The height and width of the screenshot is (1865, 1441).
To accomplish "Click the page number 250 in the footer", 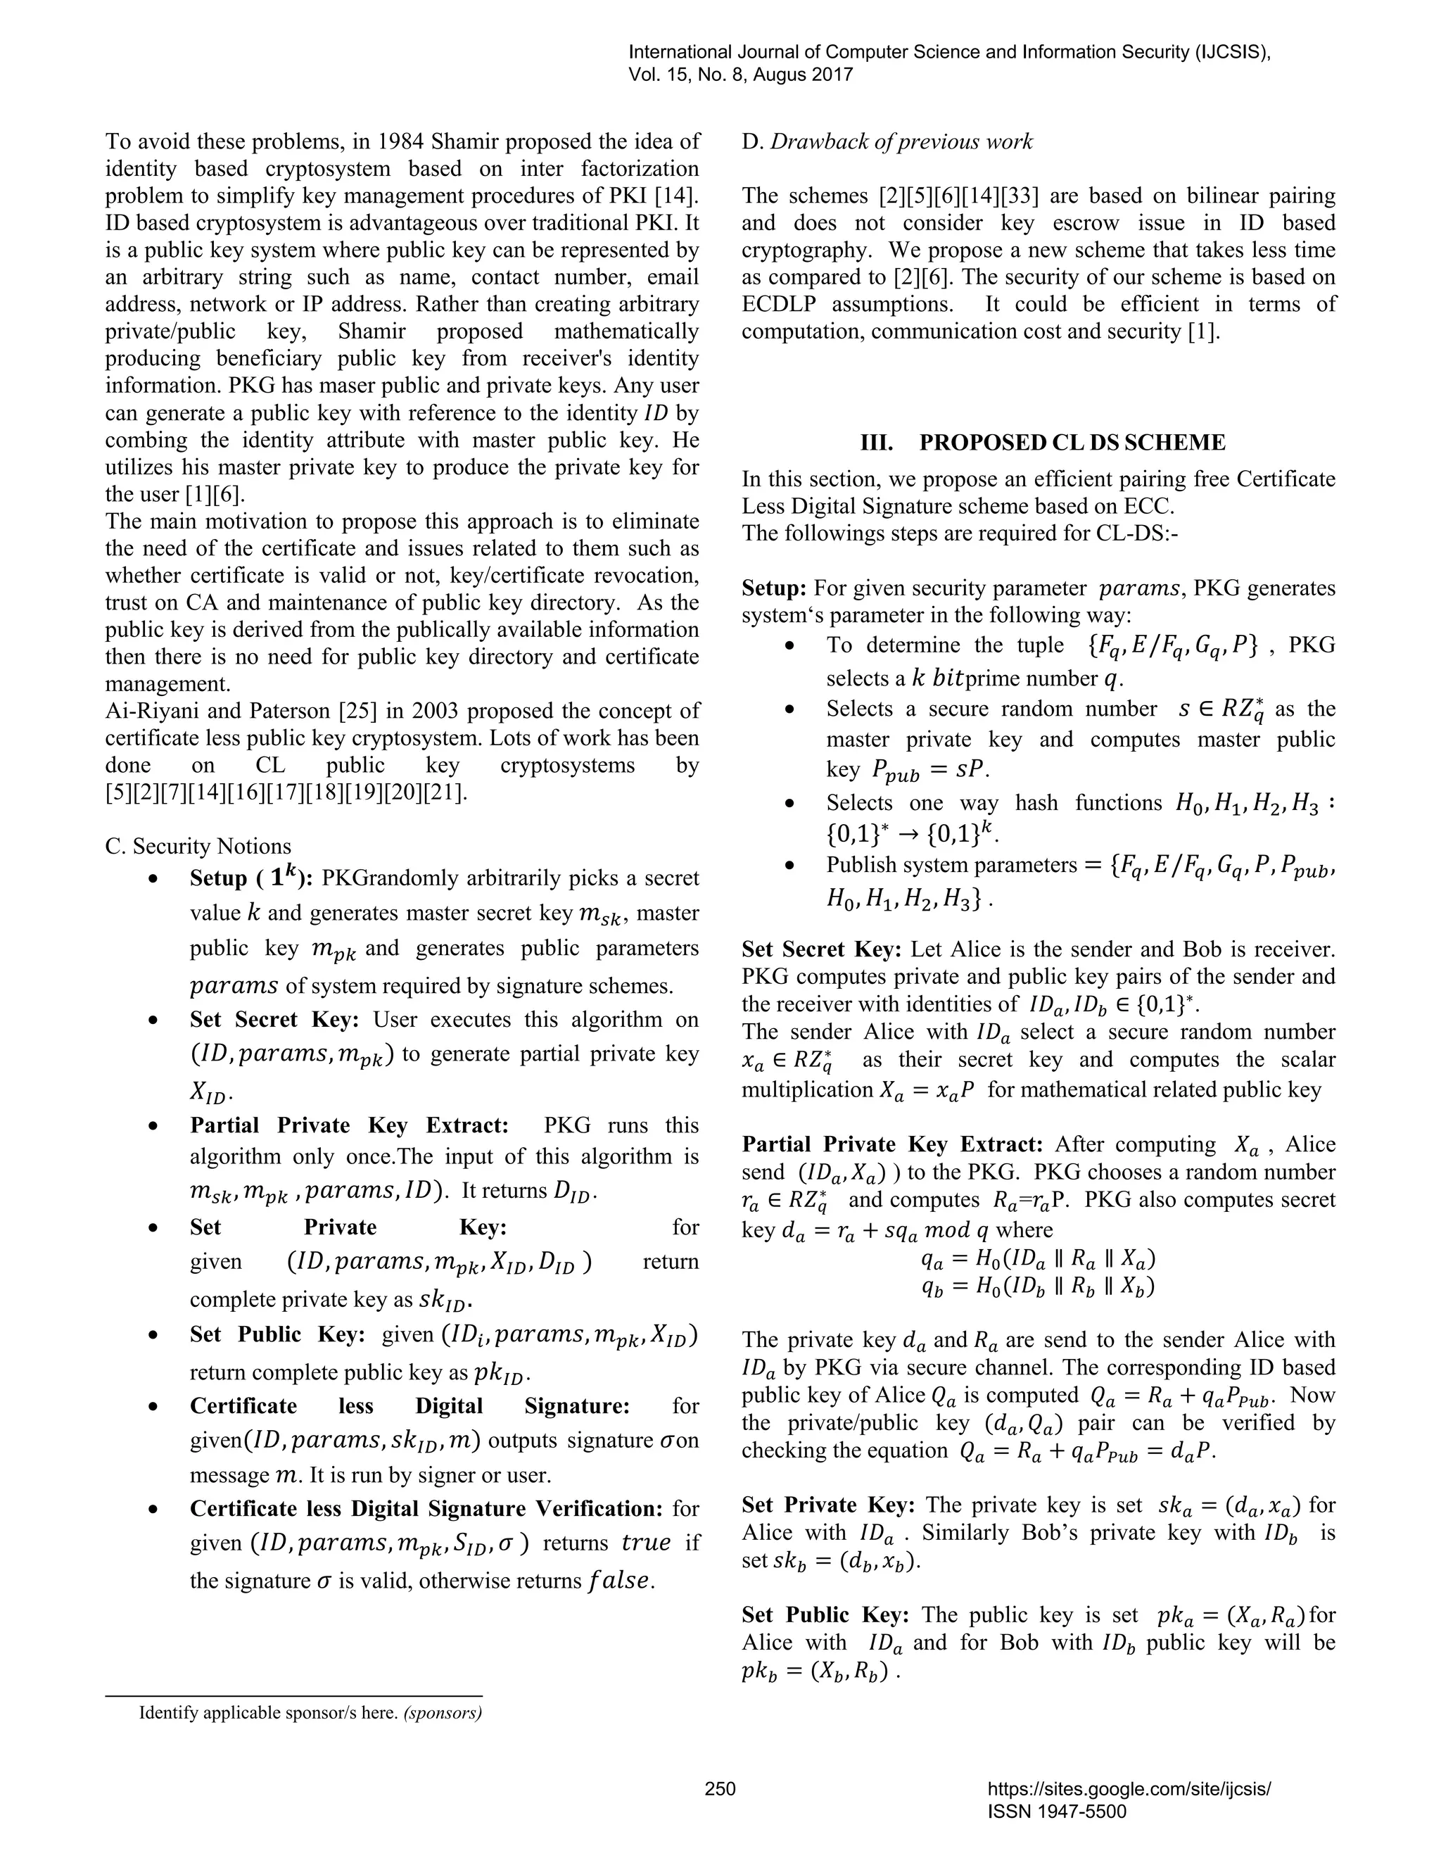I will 720,1788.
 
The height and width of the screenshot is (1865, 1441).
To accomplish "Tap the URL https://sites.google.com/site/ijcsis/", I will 1129,1789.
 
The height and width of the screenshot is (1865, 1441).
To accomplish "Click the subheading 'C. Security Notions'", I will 198,846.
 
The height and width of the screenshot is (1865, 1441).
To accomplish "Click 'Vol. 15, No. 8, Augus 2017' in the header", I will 740,75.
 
